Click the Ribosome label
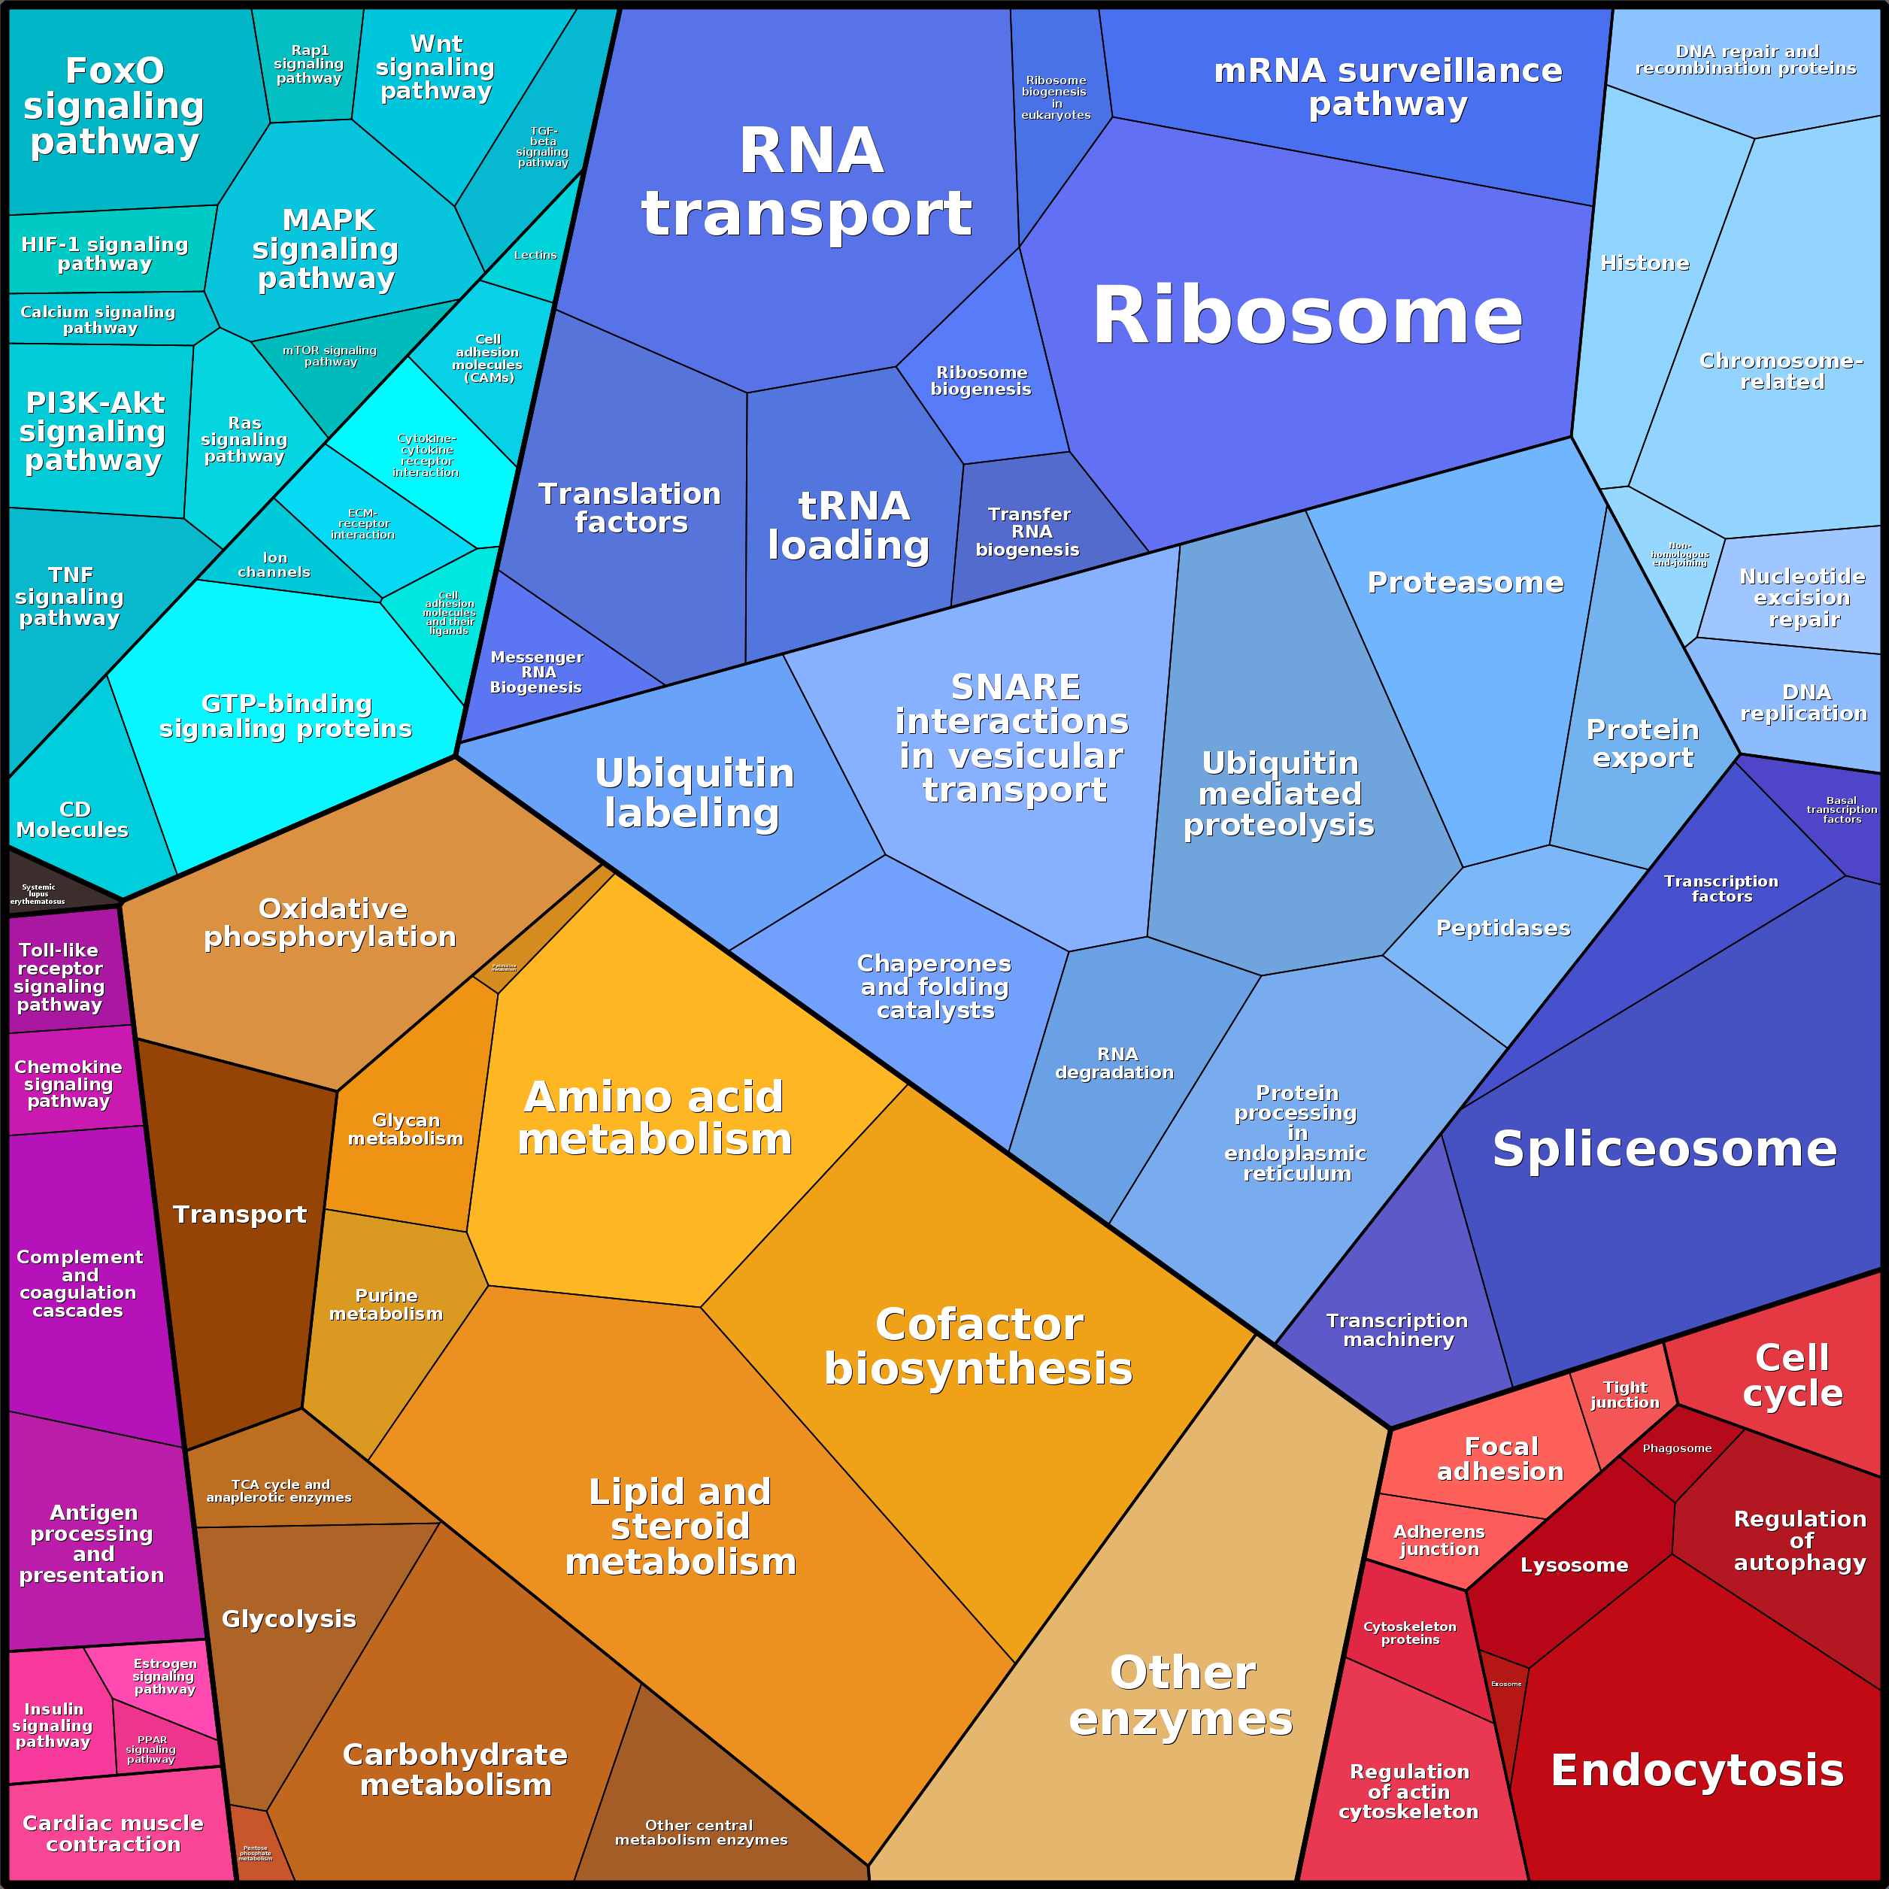coord(1306,316)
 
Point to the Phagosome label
coord(1677,1448)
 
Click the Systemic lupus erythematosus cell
coord(39,893)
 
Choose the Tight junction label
coord(1624,1394)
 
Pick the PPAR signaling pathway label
coord(152,1749)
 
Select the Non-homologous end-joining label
coord(1680,554)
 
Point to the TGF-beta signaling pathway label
coord(543,147)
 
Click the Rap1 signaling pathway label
coord(309,65)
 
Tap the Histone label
coord(1645,263)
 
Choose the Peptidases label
coord(1502,928)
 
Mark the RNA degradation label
coord(1116,1063)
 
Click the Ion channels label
coord(274,564)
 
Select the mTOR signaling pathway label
coord(329,356)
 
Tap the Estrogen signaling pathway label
coord(164,1676)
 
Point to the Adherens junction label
coord(1439,1540)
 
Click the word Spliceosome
coord(1664,1149)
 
